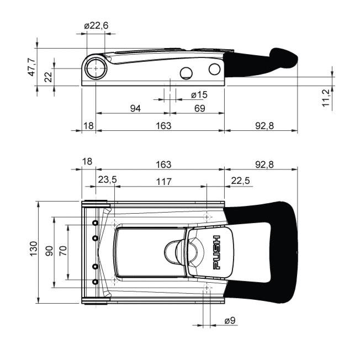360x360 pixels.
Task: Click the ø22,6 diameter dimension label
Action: pos(96,25)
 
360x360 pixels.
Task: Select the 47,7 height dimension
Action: pos(31,67)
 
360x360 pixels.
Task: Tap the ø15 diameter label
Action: pos(199,94)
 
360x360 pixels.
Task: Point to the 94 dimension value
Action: pos(135,108)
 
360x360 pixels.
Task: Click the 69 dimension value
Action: pos(199,108)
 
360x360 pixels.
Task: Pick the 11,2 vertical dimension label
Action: pos(326,98)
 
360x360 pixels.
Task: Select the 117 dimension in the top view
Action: pos(163,182)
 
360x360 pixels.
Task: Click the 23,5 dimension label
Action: pos(108,179)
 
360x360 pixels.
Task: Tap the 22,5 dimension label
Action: pos(240,181)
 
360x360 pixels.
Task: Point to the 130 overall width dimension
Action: pos(33,248)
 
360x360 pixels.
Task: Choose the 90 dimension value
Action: pos(49,251)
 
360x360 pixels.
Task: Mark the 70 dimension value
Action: pos(63,251)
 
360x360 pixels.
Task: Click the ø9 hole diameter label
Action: pos(230,320)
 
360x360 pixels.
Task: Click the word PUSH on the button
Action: pos(216,252)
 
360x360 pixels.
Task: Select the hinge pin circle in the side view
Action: pos(96,68)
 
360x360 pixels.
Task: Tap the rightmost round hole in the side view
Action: pos(215,69)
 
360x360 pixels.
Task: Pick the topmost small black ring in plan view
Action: pos(95,223)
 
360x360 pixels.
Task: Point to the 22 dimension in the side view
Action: pos(49,77)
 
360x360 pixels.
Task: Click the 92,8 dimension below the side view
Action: pos(264,125)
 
